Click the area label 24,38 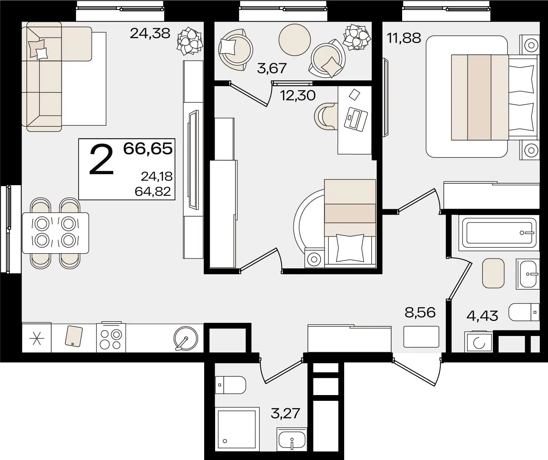[150, 34]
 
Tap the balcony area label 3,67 [272, 68]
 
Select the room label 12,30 [298, 96]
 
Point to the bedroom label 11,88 [404, 38]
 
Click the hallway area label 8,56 [420, 313]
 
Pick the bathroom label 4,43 [482, 316]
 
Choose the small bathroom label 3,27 [285, 414]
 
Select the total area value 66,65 [148, 149]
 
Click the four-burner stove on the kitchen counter [111, 338]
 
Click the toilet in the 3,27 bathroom [231, 385]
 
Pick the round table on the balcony [295, 40]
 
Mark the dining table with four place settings [55, 233]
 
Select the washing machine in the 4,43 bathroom [478, 342]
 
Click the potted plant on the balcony [357, 37]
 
